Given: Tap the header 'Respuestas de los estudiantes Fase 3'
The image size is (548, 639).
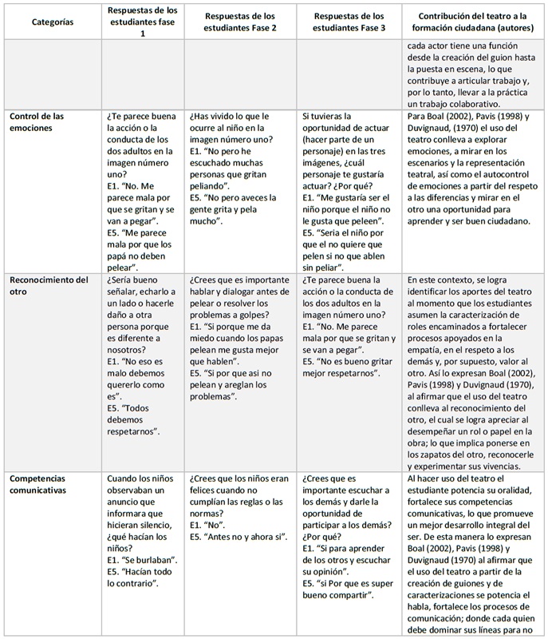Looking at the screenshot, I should pyautogui.click(x=350, y=22).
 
